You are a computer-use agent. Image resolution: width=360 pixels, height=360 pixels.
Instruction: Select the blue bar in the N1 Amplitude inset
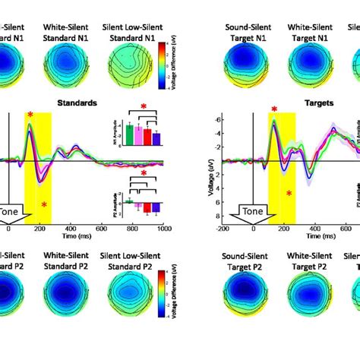coord(156,138)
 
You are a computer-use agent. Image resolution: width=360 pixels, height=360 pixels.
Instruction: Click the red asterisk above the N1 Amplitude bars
coord(143,109)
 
